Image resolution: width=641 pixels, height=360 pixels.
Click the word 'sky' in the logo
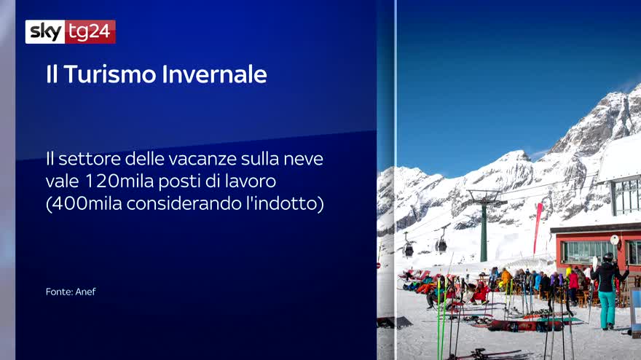click(45, 31)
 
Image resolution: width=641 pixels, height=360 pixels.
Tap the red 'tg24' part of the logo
click(90, 31)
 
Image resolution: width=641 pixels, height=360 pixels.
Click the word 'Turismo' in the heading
click(111, 74)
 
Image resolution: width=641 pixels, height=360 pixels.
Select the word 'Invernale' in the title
click(215, 74)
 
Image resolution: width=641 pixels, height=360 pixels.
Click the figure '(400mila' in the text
click(84, 203)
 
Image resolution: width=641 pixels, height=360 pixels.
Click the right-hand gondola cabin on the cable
click(441, 244)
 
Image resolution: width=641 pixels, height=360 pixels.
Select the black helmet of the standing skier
click(608, 257)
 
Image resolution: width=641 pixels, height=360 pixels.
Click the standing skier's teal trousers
click(607, 308)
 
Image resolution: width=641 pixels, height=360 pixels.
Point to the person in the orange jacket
click(506, 278)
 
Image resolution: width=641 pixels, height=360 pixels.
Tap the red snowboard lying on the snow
click(525, 325)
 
